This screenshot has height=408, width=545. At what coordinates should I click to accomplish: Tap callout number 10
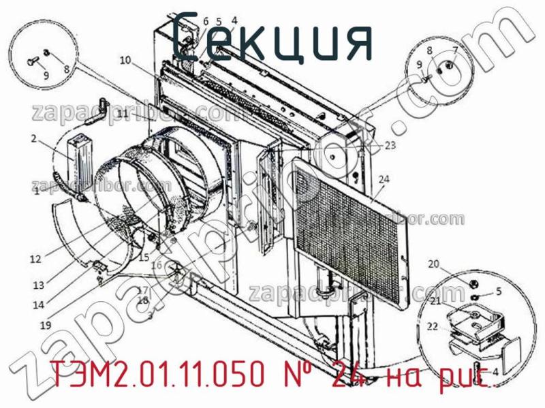point(125,61)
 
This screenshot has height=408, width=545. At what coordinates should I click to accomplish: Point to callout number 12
point(35,259)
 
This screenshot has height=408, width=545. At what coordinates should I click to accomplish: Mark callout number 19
point(45,326)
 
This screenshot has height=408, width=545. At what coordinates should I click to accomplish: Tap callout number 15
point(143,257)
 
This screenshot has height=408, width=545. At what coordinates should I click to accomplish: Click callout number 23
point(390,145)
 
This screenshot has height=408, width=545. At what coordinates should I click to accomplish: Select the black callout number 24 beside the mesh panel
point(384,180)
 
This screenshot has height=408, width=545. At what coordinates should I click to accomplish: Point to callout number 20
point(433,264)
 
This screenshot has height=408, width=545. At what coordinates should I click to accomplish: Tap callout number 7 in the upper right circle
point(455,50)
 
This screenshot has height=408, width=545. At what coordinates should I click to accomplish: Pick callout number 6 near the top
point(205,22)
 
